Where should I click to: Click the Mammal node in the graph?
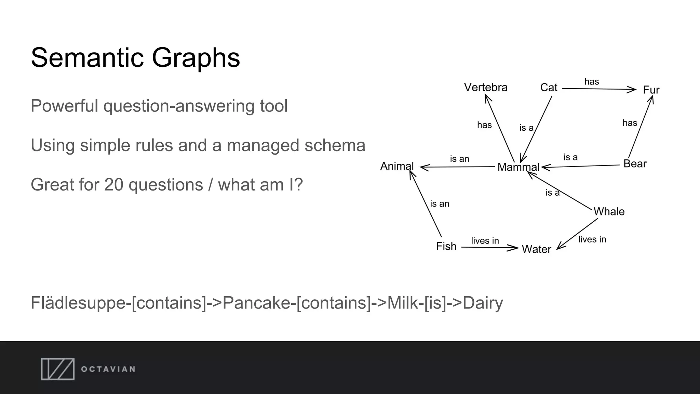click(x=518, y=167)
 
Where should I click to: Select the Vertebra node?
click(x=485, y=88)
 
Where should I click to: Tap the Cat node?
click(x=549, y=88)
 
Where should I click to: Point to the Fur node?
click(x=651, y=90)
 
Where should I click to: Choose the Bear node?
click(x=635, y=164)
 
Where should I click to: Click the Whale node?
click(x=609, y=211)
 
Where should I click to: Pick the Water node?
click(x=536, y=249)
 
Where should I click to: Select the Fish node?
click(x=446, y=246)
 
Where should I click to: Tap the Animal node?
click(x=397, y=166)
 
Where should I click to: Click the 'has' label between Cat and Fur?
click(x=592, y=82)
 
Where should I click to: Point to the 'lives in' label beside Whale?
click(x=592, y=239)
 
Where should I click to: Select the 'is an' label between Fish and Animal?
click(x=440, y=204)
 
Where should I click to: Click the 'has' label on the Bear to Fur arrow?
click(x=630, y=123)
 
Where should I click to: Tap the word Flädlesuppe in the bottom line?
click(x=78, y=303)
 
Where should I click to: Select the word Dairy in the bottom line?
click(x=483, y=303)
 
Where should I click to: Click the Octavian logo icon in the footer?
click(x=58, y=369)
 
